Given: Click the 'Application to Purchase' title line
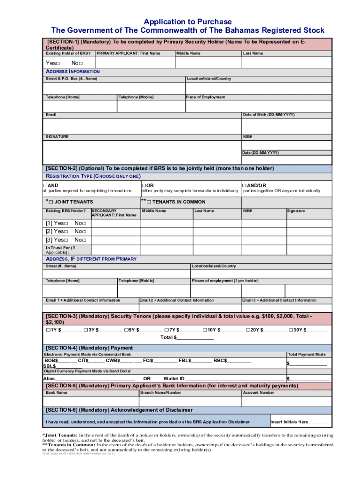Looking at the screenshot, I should click(x=187, y=22).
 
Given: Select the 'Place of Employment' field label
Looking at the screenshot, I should click(x=205, y=97).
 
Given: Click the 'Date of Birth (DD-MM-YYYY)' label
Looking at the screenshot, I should click(x=268, y=115).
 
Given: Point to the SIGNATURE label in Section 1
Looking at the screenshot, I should click(x=57, y=137).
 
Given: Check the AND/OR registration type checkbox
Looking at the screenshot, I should click(x=244, y=186).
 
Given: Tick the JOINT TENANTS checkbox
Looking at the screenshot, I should click(x=52, y=202).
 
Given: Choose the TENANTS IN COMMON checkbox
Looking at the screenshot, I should click(x=150, y=202).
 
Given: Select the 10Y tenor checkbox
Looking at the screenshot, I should click(x=205, y=330).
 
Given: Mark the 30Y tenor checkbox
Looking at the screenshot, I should click(x=291, y=330).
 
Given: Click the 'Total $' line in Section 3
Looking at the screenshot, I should click(x=187, y=337).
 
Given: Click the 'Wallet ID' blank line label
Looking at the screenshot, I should click(x=174, y=378).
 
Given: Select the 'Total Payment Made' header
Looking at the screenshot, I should click(x=307, y=355).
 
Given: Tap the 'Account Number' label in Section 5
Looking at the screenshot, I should click(x=258, y=392).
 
